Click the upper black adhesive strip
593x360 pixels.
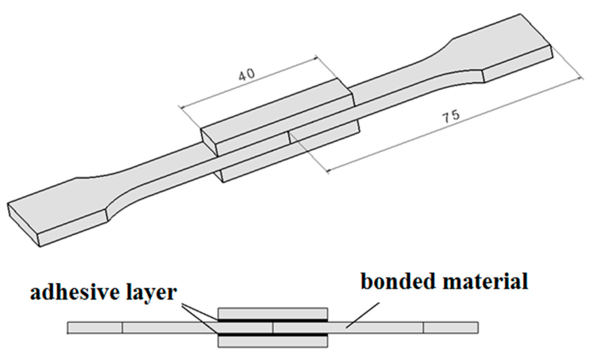(x=273, y=320)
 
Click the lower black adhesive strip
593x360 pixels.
(x=273, y=335)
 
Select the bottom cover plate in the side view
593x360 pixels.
(x=273, y=342)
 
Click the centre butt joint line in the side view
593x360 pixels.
(x=273, y=328)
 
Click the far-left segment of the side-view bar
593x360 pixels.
(x=95, y=328)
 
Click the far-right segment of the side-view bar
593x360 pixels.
(x=451, y=328)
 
